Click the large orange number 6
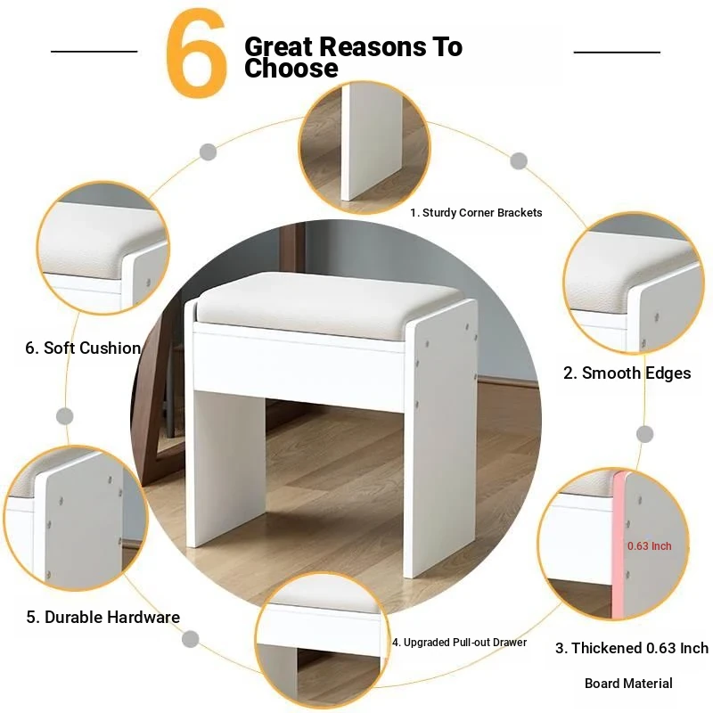pyautogui.click(x=196, y=53)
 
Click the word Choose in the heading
pyautogui.click(x=291, y=69)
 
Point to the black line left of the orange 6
pyautogui.click(x=94, y=52)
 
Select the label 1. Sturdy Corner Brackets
pyautogui.click(x=476, y=213)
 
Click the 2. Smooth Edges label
pyautogui.click(x=627, y=373)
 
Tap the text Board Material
pyautogui.click(x=628, y=683)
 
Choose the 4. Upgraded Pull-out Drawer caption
pyautogui.click(x=459, y=642)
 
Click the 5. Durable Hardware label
pyautogui.click(x=103, y=617)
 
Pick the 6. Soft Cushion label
pyautogui.click(x=83, y=348)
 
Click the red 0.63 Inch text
pyautogui.click(x=650, y=545)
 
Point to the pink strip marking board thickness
pyautogui.click(x=618, y=545)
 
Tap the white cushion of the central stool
pyautogui.click(x=328, y=304)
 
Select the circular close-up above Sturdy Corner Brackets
pyautogui.click(x=365, y=147)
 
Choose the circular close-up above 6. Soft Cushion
pyautogui.click(x=103, y=248)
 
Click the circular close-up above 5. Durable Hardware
pyautogui.click(x=77, y=518)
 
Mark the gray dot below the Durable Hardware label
pyautogui.click(x=190, y=639)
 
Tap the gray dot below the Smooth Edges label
pyautogui.click(x=644, y=434)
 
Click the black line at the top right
pyautogui.click(x=617, y=53)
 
